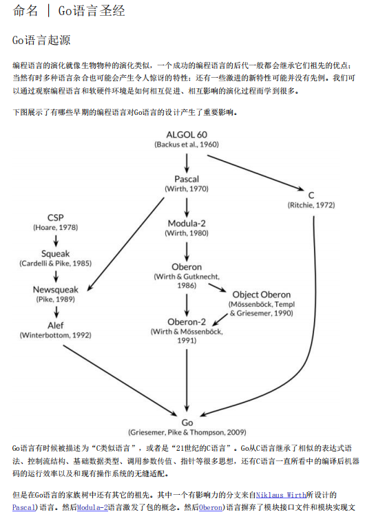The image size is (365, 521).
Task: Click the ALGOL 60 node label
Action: point(187,134)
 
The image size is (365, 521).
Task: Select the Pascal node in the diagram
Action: point(187,179)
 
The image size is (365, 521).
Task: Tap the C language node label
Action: point(311,195)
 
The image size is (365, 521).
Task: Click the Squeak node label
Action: point(55,253)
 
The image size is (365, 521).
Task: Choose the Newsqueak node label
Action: point(55,289)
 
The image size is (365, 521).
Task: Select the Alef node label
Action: point(55,325)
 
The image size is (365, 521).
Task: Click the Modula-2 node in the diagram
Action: point(187,223)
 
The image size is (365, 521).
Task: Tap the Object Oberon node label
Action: point(261,295)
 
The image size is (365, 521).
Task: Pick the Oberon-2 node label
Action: point(187,321)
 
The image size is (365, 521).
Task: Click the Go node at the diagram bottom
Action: point(187,422)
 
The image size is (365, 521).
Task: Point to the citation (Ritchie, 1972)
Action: point(311,204)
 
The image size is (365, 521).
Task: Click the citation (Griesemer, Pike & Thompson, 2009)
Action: point(187,432)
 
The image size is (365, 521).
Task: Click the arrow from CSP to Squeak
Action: point(55,240)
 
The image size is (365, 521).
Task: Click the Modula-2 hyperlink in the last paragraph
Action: point(92,507)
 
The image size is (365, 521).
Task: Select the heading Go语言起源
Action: point(41,41)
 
